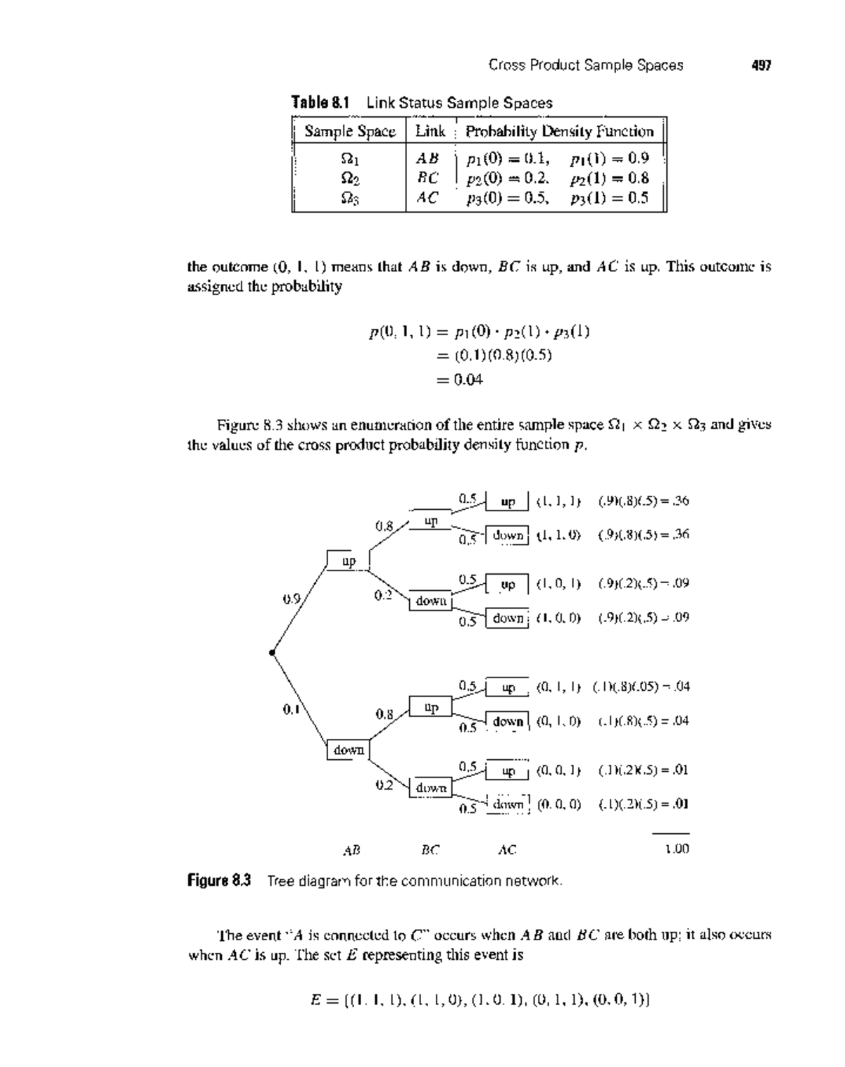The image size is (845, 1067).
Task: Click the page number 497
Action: tap(761, 65)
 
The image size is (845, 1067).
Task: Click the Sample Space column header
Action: tap(349, 132)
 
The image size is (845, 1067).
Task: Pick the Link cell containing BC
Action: tap(427, 177)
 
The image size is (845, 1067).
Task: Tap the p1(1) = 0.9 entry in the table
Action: tap(609, 157)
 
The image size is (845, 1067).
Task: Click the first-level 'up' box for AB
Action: tap(349, 561)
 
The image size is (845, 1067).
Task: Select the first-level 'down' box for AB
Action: tap(349, 750)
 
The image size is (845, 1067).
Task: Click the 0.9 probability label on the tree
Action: tap(292, 600)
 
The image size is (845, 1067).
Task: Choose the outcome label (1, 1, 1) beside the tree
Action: tap(558, 501)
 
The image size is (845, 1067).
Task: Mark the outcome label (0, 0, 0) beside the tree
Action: tap(558, 804)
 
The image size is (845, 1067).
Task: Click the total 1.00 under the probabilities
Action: tap(676, 849)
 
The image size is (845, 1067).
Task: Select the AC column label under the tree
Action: tap(507, 850)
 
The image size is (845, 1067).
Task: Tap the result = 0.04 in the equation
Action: tap(459, 380)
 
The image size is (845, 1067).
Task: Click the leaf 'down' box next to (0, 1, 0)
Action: tap(508, 722)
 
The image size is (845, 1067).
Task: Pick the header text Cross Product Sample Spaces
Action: tap(585, 65)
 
